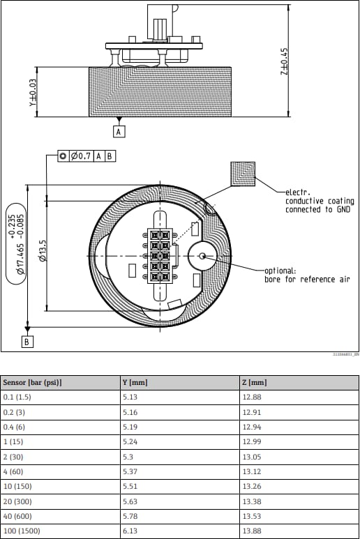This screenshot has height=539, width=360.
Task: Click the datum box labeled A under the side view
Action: tap(119, 131)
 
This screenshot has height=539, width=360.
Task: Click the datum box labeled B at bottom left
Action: tap(27, 342)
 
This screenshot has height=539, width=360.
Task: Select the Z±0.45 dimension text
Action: tap(284, 62)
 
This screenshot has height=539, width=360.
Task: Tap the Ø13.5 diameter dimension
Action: tap(43, 250)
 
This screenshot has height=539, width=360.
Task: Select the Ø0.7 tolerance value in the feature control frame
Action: tap(82, 155)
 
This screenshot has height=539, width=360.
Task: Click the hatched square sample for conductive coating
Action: tap(243, 174)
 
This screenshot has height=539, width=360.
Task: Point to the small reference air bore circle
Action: tap(202, 257)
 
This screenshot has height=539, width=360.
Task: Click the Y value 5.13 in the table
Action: tap(130, 397)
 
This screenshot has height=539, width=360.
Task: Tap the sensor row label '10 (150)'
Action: tap(17, 486)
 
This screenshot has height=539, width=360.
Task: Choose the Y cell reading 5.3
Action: tap(127, 456)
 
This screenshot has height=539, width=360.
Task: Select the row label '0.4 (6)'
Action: tap(15, 427)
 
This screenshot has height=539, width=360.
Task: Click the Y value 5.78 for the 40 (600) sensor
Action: tap(130, 515)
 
